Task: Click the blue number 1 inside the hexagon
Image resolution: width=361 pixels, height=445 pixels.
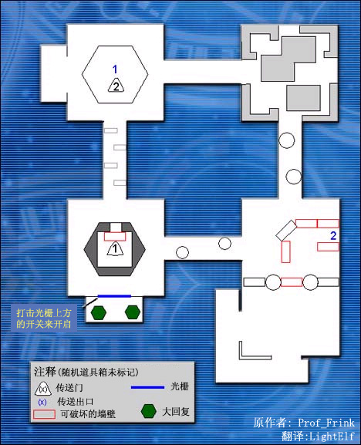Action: (115, 69)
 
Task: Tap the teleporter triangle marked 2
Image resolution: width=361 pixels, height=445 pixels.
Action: (116, 85)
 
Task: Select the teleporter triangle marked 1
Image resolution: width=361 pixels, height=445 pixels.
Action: (115, 248)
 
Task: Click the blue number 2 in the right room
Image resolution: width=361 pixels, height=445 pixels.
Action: (333, 235)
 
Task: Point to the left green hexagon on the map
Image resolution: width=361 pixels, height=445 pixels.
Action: (99, 312)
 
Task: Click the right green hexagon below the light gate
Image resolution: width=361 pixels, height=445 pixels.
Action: (133, 312)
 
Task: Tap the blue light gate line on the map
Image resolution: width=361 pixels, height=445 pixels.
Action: (114, 296)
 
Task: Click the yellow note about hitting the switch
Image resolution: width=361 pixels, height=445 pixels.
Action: (44, 319)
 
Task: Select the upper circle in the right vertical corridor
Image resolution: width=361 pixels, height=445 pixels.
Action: (287, 140)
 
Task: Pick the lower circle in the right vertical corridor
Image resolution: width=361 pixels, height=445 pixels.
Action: (293, 177)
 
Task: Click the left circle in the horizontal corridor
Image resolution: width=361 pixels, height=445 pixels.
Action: (182, 252)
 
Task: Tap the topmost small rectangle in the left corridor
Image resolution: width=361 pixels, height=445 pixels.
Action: (110, 130)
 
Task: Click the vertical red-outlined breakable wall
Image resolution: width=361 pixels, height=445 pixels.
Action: (285, 251)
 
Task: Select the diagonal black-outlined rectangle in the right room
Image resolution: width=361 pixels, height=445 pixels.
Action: (286, 230)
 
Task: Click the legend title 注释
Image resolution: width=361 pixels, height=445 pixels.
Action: (45, 372)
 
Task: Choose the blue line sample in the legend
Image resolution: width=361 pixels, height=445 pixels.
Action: (147, 387)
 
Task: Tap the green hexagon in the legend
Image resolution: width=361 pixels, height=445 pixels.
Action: (149, 411)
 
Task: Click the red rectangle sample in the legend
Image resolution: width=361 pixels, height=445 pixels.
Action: (44, 414)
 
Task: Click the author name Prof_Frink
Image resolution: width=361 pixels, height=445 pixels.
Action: (326, 423)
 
